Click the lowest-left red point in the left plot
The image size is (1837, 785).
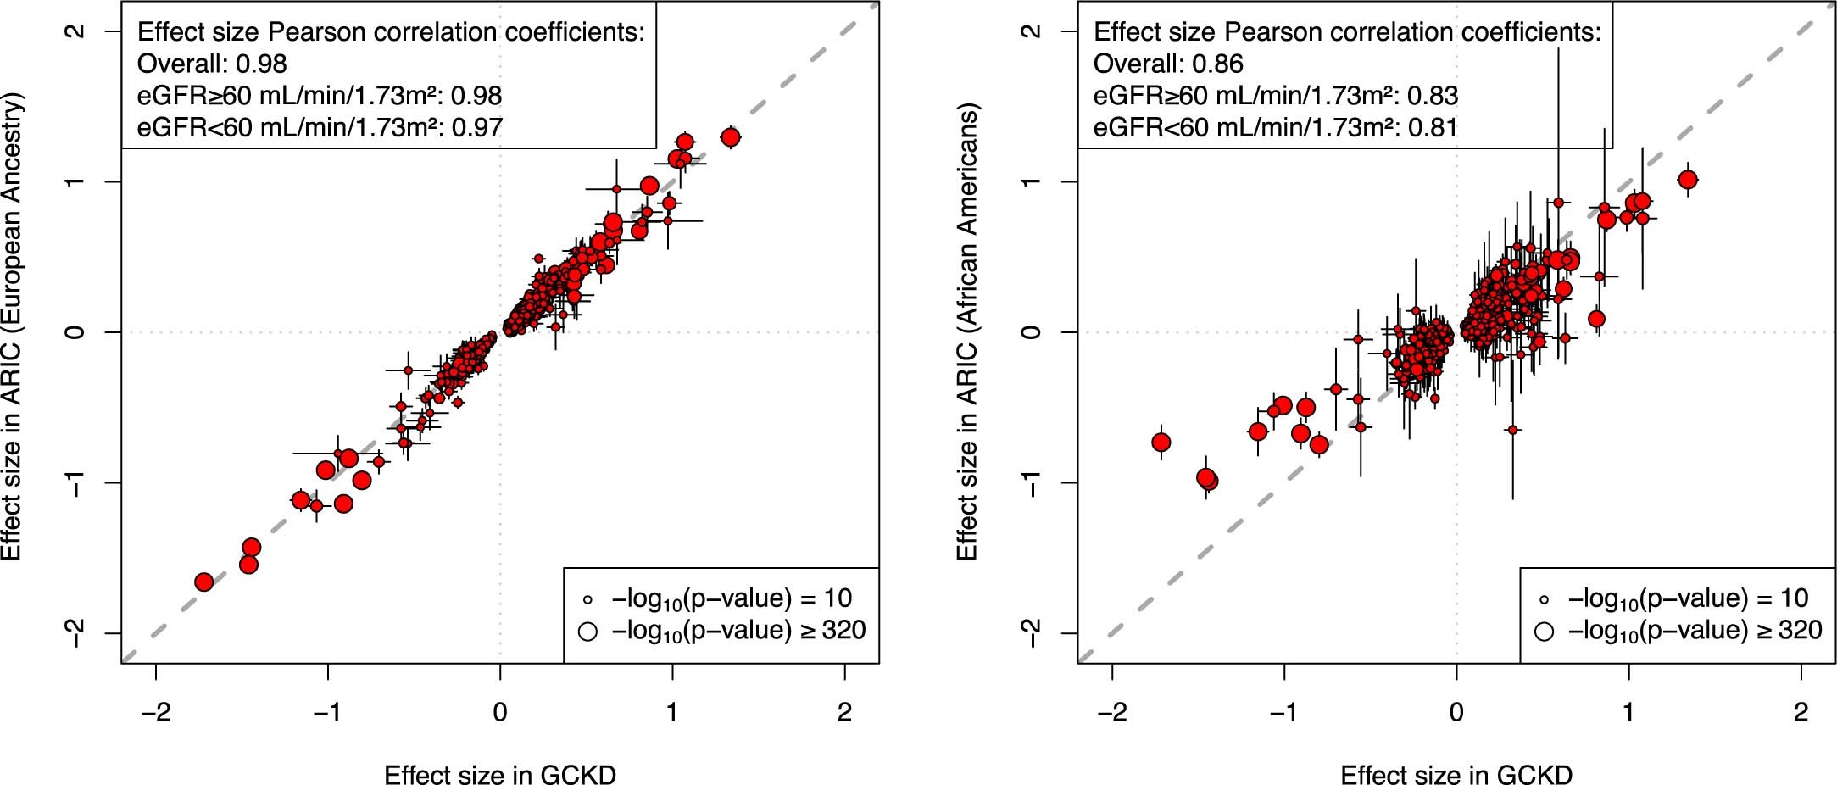(x=203, y=582)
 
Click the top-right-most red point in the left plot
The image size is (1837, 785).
(x=730, y=136)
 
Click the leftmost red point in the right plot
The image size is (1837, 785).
(x=1161, y=443)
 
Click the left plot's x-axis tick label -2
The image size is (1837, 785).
(x=155, y=712)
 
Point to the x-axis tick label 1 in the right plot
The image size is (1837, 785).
(x=1628, y=712)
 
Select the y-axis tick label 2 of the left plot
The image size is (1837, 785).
(x=76, y=31)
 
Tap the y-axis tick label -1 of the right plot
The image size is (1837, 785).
(x=1033, y=482)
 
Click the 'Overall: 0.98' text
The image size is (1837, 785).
(x=212, y=64)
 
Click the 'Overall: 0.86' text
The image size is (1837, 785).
(x=1168, y=64)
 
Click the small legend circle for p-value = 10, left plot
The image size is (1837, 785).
(x=587, y=600)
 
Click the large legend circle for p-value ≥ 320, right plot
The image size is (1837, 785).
(x=1544, y=632)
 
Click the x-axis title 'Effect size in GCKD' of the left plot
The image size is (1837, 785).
(x=500, y=774)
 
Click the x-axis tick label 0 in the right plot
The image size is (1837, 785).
(x=1456, y=712)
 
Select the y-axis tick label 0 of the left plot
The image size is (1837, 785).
(x=76, y=331)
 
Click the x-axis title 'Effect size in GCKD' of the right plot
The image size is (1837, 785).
(x=1456, y=774)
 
